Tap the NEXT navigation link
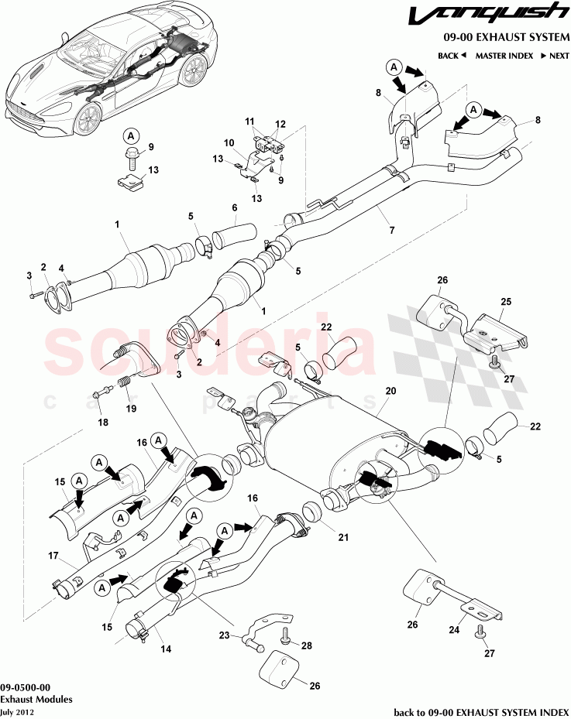coord(555,56)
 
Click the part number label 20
coord(390,392)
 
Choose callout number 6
coord(233,207)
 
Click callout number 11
coord(250,122)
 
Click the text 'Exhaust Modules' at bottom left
coord(37,699)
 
